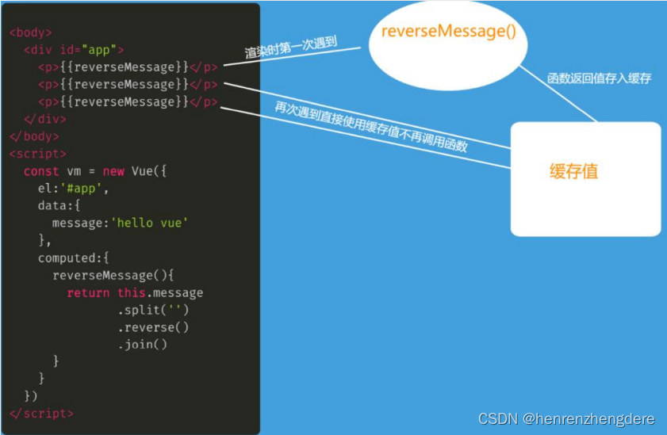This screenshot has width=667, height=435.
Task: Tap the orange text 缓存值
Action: (x=573, y=170)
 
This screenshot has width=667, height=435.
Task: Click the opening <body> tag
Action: (x=31, y=32)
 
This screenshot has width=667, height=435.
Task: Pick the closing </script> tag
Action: (x=41, y=414)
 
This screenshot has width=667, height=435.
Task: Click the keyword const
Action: (x=41, y=171)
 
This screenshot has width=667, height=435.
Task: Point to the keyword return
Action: (x=88, y=292)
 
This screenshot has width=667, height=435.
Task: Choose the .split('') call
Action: (x=153, y=310)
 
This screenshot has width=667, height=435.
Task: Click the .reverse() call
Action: (x=153, y=327)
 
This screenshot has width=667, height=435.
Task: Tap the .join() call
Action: (x=143, y=344)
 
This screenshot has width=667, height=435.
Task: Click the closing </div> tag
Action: (x=45, y=119)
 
